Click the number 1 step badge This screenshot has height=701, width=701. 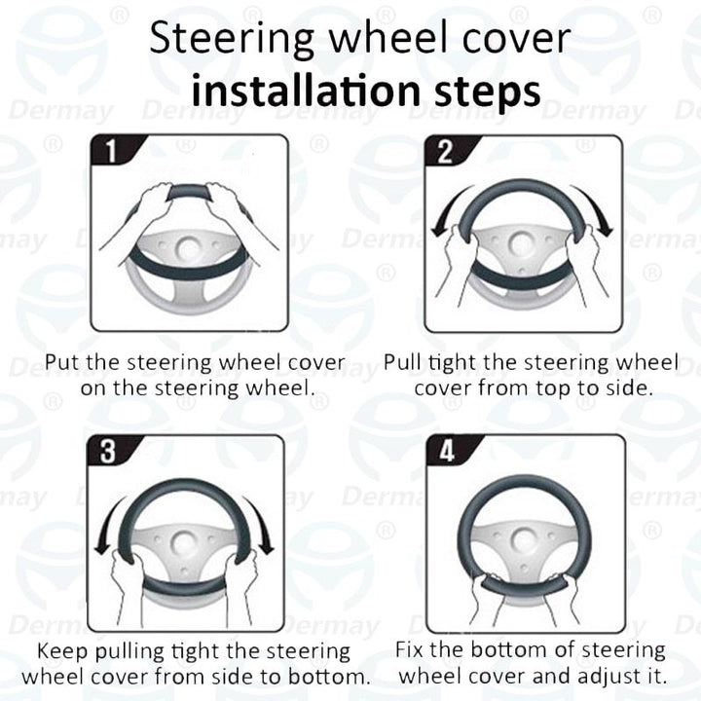click(x=110, y=152)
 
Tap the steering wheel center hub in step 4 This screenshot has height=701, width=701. click(x=526, y=537)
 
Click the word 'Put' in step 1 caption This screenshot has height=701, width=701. click(x=61, y=363)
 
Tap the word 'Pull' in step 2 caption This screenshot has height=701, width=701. click(x=401, y=363)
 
